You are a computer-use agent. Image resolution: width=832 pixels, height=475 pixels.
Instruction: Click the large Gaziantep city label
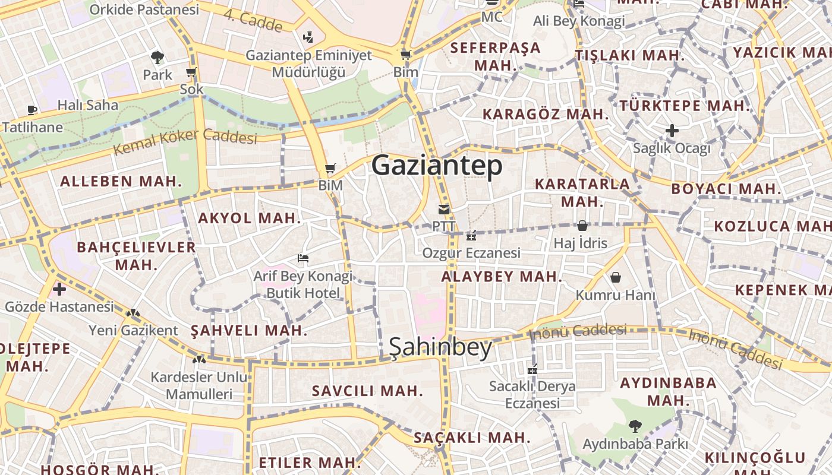pyautogui.click(x=437, y=166)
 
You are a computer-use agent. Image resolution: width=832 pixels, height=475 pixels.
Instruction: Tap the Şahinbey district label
pyautogui.click(x=440, y=348)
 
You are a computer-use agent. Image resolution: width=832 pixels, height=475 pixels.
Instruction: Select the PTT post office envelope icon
pyautogui.click(x=444, y=210)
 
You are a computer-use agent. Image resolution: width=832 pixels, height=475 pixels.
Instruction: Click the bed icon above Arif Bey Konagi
pyautogui.click(x=303, y=258)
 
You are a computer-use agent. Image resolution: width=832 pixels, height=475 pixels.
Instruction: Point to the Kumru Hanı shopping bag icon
pyautogui.click(x=616, y=277)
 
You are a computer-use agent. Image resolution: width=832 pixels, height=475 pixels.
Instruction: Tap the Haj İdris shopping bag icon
pyautogui.click(x=582, y=226)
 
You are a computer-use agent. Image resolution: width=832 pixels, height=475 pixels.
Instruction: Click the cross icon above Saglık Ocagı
pyautogui.click(x=672, y=130)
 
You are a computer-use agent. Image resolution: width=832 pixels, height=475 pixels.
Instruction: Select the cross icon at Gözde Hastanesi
pyautogui.click(x=59, y=290)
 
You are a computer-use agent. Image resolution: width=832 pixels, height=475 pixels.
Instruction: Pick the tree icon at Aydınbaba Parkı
pyautogui.click(x=635, y=426)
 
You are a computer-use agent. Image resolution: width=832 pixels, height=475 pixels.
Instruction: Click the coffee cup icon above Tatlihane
pyautogui.click(x=32, y=110)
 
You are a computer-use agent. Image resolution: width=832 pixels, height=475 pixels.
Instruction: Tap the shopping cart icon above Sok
pyautogui.click(x=191, y=72)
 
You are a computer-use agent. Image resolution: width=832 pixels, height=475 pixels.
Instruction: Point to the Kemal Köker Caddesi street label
pyautogui.click(x=185, y=140)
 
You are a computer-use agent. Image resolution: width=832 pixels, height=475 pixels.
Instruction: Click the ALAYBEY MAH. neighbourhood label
pyautogui.click(x=502, y=277)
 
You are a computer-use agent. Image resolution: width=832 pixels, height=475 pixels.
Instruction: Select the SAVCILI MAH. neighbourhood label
pyautogui.click(x=367, y=391)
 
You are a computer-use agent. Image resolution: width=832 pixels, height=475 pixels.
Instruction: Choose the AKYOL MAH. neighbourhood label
pyautogui.click(x=250, y=218)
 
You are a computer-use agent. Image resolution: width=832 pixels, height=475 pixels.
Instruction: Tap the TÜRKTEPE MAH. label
pyautogui.click(x=685, y=106)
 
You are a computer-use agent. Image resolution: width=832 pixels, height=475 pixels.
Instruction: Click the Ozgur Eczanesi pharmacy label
pyautogui.click(x=471, y=253)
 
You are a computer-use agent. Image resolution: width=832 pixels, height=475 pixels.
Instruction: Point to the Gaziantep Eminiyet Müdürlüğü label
pyautogui.click(x=308, y=64)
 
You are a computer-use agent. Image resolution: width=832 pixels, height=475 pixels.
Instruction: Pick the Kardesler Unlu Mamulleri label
pyautogui.click(x=198, y=385)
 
